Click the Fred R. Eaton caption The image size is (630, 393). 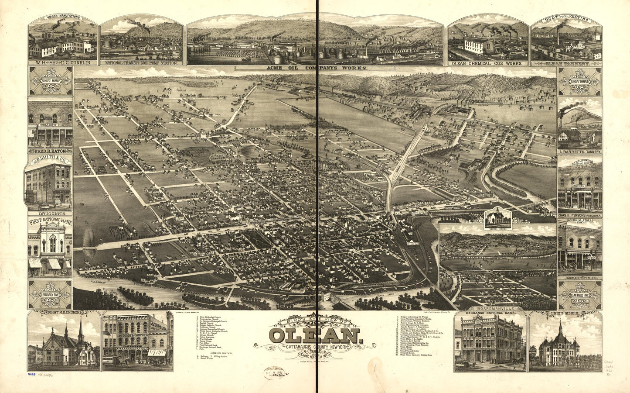(x=50, y=151)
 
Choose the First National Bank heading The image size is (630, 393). (x=50, y=221)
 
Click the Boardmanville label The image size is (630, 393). (x=497, y=308)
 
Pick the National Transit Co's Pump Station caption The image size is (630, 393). (x=141, y=63)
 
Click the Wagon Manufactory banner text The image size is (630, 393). (x=63, y=18)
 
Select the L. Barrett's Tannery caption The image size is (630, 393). (x=580, y=152)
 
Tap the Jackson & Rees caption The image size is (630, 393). (x=579, y=277)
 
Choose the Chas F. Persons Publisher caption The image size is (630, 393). (x=580, y=215)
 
